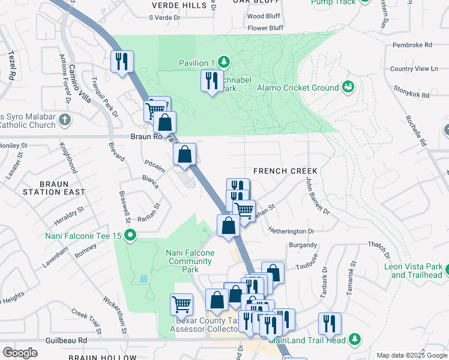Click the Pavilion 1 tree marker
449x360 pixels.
223,62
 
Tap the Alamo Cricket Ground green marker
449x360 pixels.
348,88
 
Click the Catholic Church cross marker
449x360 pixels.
65,121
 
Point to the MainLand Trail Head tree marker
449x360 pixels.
355,340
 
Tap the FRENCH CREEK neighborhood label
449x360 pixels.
285,171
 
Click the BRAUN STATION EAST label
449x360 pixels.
53,187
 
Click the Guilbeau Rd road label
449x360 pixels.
66,340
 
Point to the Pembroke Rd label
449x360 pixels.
412,45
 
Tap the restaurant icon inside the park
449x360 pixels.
211,81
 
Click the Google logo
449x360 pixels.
20,353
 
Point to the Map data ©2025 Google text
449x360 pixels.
411,355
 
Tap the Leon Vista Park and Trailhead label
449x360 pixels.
417,271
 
